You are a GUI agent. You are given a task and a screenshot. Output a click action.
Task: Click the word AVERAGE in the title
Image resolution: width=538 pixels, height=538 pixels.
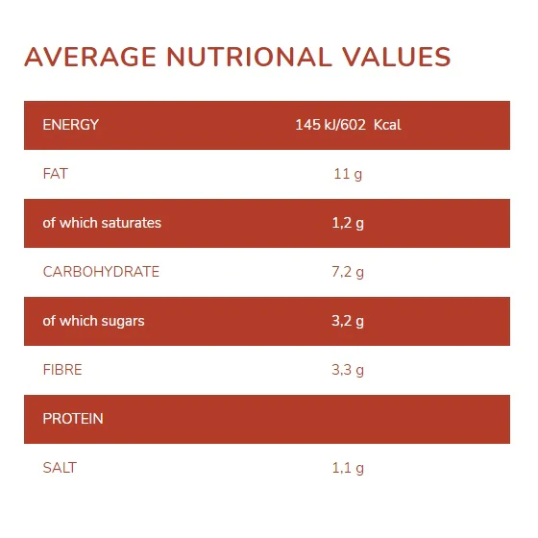(90, 57)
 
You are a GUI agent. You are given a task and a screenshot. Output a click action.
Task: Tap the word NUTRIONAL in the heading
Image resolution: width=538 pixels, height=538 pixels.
(250, 57)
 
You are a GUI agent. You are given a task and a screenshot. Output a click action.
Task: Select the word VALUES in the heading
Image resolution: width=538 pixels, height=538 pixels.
(396, 57)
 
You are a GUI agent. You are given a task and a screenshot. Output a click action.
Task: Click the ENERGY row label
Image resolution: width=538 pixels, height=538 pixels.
(71, 125)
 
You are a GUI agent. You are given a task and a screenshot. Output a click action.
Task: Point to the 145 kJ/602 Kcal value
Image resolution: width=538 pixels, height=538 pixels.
(348, 125)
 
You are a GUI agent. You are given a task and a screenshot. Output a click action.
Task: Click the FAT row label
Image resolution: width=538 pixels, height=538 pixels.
(56, 174)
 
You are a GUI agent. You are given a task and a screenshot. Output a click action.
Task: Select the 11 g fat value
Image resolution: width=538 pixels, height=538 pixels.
(348, 174)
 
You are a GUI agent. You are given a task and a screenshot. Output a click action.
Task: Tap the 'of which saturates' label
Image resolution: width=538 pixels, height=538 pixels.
(102, 223)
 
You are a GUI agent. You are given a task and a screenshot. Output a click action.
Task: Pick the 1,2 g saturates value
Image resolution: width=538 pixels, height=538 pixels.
(348, 223)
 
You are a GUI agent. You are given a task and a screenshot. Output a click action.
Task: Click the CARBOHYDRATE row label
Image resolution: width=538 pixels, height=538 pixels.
(101, 272)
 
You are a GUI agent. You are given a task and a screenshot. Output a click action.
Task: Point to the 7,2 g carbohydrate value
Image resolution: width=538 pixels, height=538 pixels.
(348, 273)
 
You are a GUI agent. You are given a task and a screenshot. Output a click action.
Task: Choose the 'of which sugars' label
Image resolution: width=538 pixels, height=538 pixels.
(94, 322)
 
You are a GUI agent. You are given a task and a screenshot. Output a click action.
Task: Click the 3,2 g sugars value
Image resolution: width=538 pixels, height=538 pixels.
(348, 322)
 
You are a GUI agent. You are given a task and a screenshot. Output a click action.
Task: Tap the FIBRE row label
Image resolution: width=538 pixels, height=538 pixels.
(62, 370)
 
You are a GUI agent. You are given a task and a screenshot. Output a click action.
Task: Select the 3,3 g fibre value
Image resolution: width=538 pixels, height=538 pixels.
(348, 371)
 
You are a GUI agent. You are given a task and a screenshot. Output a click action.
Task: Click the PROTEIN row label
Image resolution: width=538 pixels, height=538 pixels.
(73, 419)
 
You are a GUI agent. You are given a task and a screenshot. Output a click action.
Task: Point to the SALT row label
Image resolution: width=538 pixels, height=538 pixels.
(60, 468)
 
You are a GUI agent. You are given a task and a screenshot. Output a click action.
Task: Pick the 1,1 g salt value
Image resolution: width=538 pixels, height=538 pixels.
(348, 469)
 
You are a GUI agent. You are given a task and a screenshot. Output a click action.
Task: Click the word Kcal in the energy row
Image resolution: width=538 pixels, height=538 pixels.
(387, 125)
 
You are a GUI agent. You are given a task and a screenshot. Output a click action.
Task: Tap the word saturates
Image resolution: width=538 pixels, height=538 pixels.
(132, 223)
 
